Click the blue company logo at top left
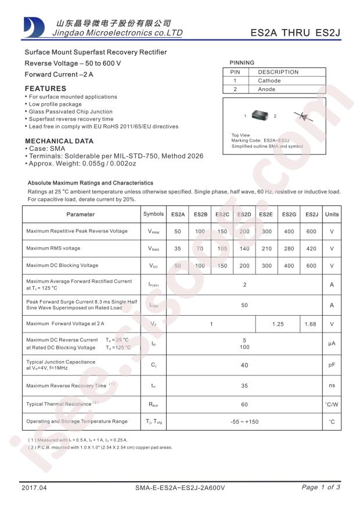coord(34,27)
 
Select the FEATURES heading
coord(45,88)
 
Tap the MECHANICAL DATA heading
coord(59,141)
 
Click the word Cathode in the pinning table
coord(269,81)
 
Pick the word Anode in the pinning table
coord(267,89)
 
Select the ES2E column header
coord(266,215)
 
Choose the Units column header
coord(332,215)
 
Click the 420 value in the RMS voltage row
coord(311,249)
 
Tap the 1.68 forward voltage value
coord(311,324)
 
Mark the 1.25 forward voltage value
coord(278,324)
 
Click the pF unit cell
coord(332,365)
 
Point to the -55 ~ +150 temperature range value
coord(244,422)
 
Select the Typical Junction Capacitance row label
coord(60,362)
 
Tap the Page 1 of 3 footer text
coord(321,488)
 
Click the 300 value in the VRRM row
coord(267,232)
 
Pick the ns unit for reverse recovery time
coord(332,385)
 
